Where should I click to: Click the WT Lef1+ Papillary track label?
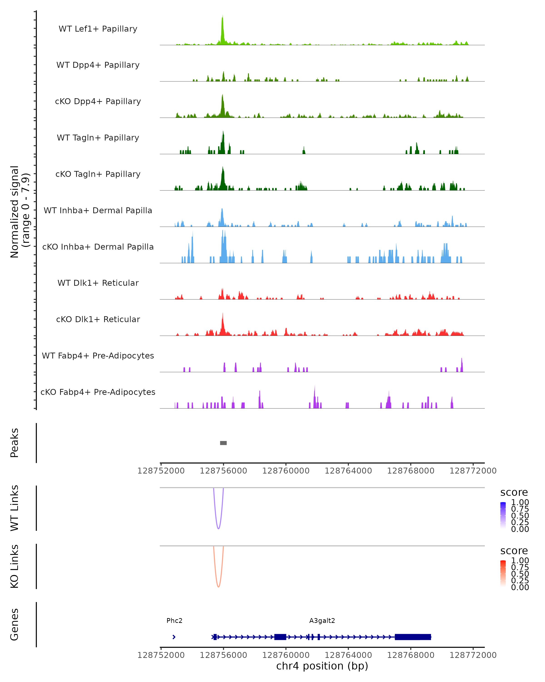(98, 29)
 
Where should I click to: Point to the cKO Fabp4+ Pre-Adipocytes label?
(98, 392)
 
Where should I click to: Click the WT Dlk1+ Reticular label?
(98, 283)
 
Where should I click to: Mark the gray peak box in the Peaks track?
(223, 443)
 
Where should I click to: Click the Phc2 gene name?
(174, 620)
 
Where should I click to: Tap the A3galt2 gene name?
(322, 620)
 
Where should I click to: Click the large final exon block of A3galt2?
(413, 637)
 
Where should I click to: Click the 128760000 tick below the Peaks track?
(286, 471)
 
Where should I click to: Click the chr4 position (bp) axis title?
(322, 666)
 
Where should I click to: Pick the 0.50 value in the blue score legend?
(520, 515)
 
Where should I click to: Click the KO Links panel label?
(15, 566)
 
